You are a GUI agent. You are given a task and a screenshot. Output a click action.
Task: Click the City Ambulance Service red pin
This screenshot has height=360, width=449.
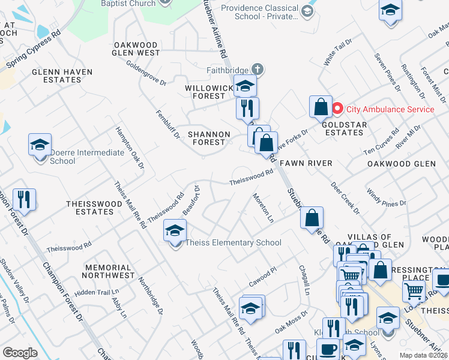(337, 109)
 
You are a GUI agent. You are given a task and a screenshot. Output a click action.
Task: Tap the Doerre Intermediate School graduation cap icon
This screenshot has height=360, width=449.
(40, 145)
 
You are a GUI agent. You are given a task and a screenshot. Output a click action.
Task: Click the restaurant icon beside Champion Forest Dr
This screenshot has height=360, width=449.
(24, 200)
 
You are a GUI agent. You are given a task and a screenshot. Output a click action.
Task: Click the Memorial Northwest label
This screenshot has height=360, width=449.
(109, 271)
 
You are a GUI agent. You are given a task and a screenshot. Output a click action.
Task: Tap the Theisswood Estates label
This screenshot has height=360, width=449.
(94, 208)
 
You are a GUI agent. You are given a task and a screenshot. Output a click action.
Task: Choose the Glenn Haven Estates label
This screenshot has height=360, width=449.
(62, 76)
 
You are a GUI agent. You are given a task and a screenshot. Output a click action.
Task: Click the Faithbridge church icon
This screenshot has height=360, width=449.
(258, 69)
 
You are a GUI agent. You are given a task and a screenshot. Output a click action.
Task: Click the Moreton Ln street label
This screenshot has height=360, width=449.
(263, 208)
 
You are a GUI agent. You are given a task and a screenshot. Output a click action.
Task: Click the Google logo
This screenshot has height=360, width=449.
(20, 353)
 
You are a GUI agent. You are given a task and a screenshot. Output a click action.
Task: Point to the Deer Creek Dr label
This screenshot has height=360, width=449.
(345, 197)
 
